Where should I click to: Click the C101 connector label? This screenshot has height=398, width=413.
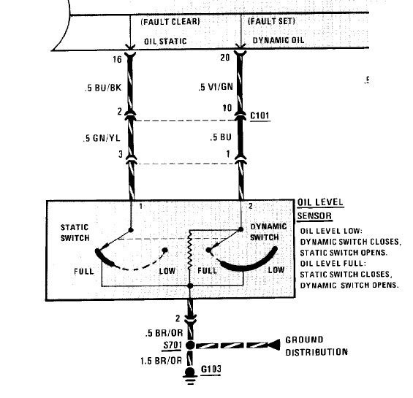tap(259, 116)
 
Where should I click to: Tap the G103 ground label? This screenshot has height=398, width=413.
tap(211, 369)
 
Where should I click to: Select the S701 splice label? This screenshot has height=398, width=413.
tap(173, 345)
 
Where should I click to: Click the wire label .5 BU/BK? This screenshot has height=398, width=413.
tap(103, 88)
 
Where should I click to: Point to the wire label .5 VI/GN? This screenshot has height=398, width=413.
tap(216, 87)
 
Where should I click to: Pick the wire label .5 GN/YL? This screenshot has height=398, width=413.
tap(102, 138)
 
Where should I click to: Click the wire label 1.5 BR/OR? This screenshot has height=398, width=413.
tap(162, 361)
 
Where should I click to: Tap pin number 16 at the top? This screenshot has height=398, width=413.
tap(117, 59)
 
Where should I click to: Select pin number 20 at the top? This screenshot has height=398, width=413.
tap(225, 58)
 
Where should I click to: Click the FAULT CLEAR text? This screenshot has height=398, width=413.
tap(170, 22)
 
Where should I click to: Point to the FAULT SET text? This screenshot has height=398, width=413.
tap(271, 21)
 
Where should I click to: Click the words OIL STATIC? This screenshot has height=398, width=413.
tap(165, 42)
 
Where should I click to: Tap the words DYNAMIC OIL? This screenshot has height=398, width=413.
tap(279, 40)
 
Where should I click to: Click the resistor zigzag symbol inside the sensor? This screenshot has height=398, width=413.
tap(189, 253)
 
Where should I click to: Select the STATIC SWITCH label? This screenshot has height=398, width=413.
tap(75, 233)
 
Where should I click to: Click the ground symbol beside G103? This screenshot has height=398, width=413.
tap(190, 376)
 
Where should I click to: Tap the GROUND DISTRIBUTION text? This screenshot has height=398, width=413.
tap(317, 346)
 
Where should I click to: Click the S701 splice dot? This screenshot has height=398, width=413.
tap(190, 345)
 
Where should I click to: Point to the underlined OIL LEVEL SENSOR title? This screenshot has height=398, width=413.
tap(320, 210)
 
